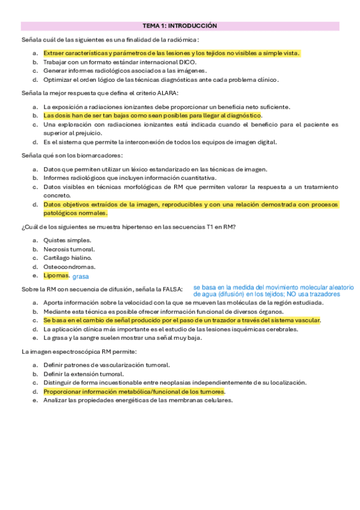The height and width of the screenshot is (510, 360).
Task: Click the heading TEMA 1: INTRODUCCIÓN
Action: [180, 26]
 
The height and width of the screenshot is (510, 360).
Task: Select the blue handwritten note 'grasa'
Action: [80, 277]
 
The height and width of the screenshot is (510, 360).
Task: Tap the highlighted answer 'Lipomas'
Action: [56, 275]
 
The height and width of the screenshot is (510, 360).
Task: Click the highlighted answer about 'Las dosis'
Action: [144, 115]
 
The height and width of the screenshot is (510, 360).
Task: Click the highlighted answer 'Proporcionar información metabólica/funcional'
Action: [133, 392]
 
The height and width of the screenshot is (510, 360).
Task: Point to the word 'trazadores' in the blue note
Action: [325, 295]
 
